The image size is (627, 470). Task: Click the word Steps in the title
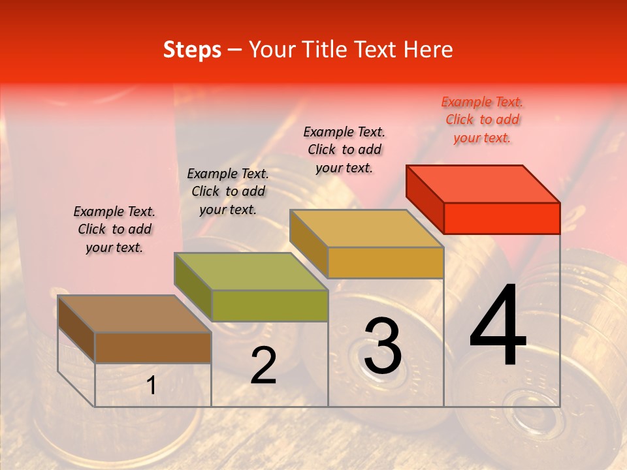(x=192, y=50)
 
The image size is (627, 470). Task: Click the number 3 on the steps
(x=383, y=346)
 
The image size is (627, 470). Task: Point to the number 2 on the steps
(x=263, y=366)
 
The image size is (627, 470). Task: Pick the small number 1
(x=152, y=386)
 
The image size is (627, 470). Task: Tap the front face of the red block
(x=502, y=218)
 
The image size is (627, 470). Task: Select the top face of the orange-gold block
(x=366, y=228)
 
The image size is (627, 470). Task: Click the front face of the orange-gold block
(x=385, y=262)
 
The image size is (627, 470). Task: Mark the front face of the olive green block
(x=269, y=305)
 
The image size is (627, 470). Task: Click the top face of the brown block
(x=134, y=314)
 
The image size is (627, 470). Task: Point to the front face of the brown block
(x=153, y=347)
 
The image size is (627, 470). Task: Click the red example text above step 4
(x=482, y=119)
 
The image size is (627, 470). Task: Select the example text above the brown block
(x=114, y=229)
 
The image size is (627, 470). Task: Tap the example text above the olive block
(x=228, y=191)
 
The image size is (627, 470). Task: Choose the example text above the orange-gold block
(x=344, y=149)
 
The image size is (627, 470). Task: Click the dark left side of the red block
(x=425, y=199)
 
